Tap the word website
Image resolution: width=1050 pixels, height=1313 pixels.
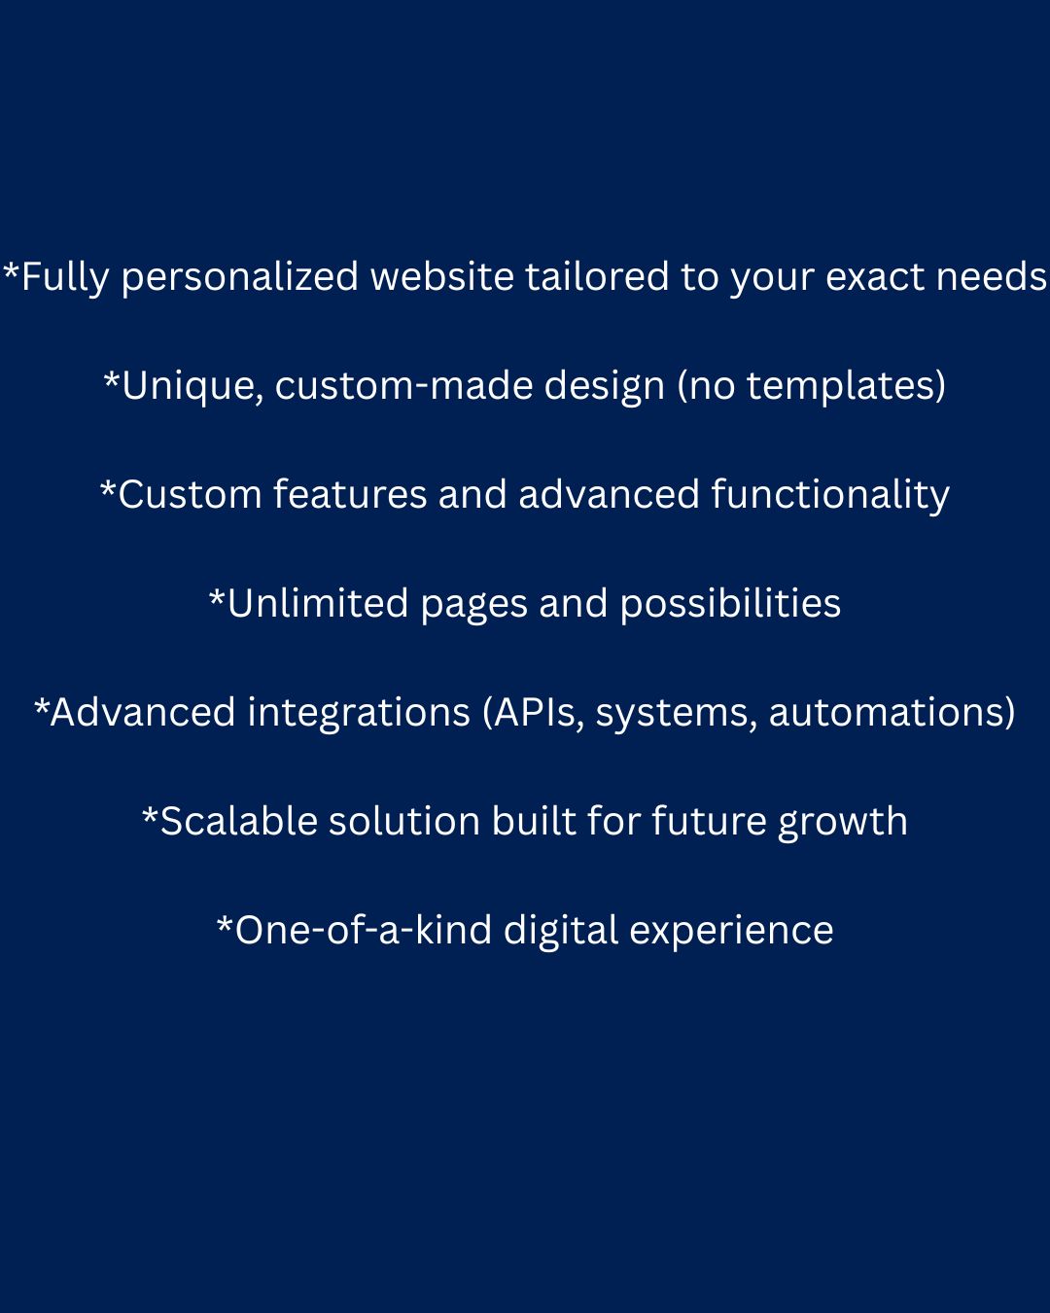[x=442, y=276]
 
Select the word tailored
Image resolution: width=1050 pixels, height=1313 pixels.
[x=597, y=276]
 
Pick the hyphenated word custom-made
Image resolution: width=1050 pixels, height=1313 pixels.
[x=403, y=385]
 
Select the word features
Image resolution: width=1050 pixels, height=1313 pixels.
[x=350, y=494]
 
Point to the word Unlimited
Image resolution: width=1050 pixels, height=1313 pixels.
[x=317, y=603]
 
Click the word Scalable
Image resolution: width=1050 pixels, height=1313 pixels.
[x=238, y=821]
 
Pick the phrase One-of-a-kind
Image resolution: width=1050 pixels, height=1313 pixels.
[x=363, y=930]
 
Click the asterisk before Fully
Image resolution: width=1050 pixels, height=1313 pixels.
[x=12, y=269]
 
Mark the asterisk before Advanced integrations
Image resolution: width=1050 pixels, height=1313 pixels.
[x=42, y=706]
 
